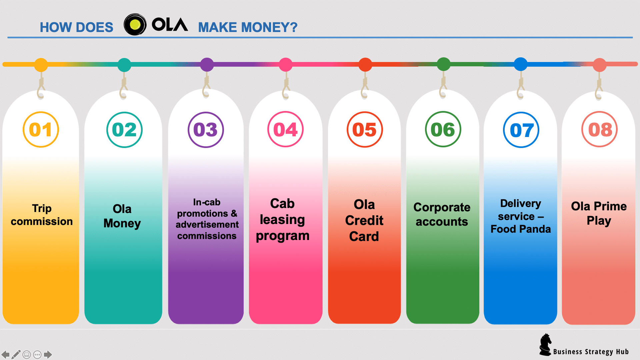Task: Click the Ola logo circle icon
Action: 135,24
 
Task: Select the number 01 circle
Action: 41,130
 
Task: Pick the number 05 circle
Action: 365,130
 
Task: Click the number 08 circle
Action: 599,130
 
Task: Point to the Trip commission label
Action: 42,215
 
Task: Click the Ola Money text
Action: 122,216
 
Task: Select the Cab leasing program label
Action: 283,220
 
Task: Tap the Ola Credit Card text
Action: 364,220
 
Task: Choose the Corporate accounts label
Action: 442,214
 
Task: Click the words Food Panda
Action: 521,229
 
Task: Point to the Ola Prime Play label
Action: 599,214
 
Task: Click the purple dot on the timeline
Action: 207,65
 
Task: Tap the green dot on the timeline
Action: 444,64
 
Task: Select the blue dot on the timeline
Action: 521,64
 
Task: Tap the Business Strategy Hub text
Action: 591,352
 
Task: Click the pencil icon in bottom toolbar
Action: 16,354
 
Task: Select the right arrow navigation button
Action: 48,354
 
